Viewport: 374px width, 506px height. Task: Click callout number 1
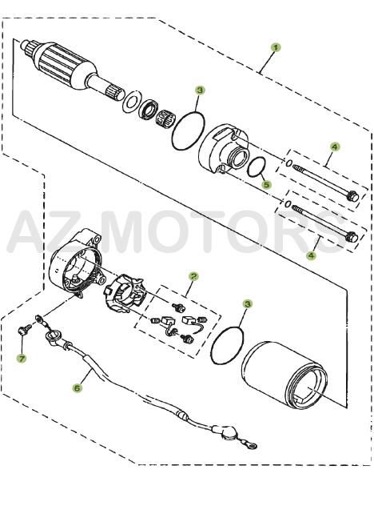coord(276,48)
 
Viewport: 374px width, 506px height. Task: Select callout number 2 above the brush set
coord(193,275)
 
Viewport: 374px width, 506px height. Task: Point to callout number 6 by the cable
coord(78,388)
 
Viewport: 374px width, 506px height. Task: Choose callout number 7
coord(22,358)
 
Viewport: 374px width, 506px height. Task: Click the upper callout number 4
coord(335,147)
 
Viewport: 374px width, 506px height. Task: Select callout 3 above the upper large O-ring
coord(200,91)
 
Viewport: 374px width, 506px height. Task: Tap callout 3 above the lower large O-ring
coord(247,304)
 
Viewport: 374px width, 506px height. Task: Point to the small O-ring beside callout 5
coord(257,168)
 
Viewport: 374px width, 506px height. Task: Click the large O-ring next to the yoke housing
coord(229,345)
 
